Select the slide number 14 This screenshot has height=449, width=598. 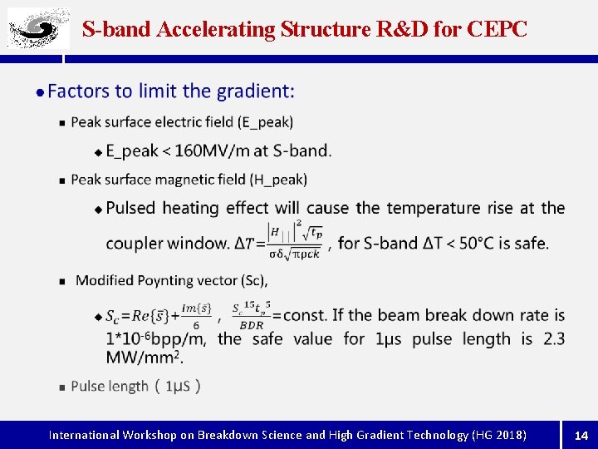click(x=581, y=435)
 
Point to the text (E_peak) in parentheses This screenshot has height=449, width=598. click(x=265, y=122)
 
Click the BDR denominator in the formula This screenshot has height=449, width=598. click(x=251, y=325)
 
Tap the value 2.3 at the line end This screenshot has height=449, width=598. click(x=554, y=338)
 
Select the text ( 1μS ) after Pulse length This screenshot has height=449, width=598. click(x=177, y=386)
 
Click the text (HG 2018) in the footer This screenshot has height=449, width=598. click(x=498, y=435)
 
